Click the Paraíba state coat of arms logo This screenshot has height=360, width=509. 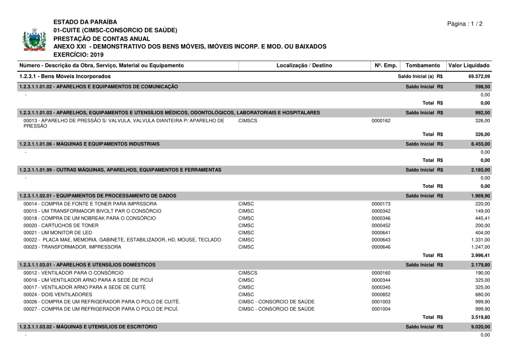[34, 40]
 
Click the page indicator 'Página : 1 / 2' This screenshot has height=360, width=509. [465, 24]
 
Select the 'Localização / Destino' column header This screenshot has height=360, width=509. [304, 66]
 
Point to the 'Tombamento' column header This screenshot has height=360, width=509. [422, 66]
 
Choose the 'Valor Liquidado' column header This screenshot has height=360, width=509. [469, 66]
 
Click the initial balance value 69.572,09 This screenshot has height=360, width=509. [479, 76]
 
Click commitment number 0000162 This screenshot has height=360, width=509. [381, 121]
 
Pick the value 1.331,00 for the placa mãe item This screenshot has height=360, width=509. [480, 240]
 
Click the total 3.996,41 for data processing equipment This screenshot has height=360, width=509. [480, 255]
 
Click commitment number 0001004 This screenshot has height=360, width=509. [381, 309]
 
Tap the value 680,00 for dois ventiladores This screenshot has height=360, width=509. [482, 294]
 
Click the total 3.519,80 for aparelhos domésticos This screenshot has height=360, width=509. [480, 318]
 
